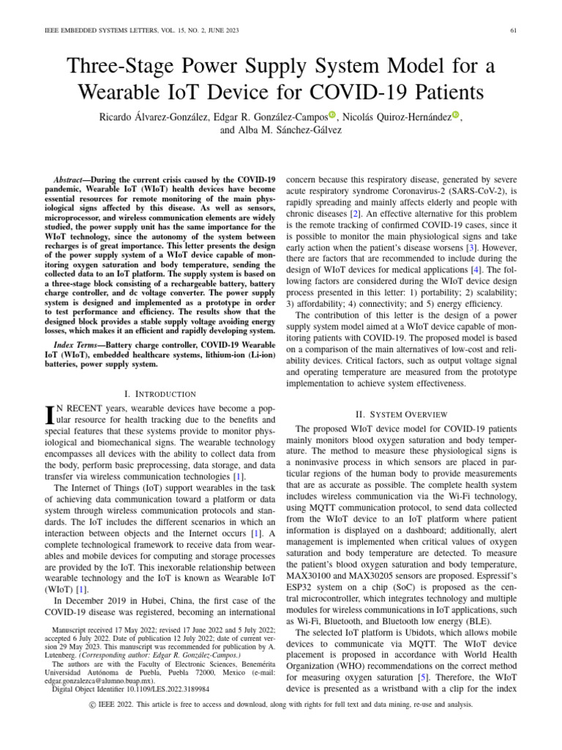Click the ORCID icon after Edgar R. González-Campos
(332, 114)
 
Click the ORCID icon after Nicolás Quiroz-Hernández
(457, 114)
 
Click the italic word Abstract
(70, 179)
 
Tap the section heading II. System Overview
(396, 415)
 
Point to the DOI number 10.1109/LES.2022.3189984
(157, 689)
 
